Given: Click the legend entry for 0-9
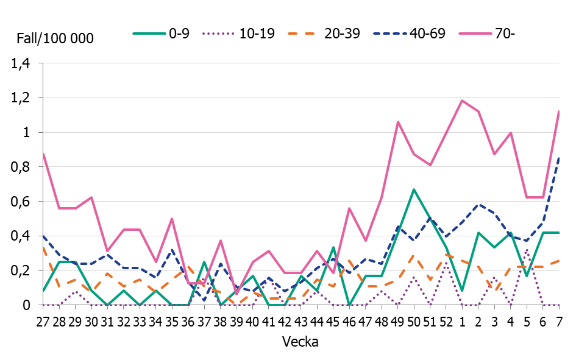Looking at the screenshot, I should (x=179, y=34).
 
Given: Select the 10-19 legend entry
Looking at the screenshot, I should (x=257, y=34).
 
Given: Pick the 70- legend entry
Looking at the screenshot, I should (x=505, y=34).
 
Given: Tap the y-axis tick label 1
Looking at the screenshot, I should (x=27, y=132).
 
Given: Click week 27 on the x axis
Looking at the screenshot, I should (x=43, y=320).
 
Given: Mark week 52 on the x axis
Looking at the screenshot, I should (x=446, y=320).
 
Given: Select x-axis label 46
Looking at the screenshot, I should (x=349, y=320).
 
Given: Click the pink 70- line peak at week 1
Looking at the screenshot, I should (x=462, y=101).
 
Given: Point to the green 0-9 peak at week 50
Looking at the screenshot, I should (x=414, y=189).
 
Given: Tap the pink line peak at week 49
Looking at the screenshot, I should (x=398, y=122).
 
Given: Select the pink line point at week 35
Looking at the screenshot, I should (x=172, y=219).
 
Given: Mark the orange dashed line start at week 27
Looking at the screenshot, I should (x=43, y=249).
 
